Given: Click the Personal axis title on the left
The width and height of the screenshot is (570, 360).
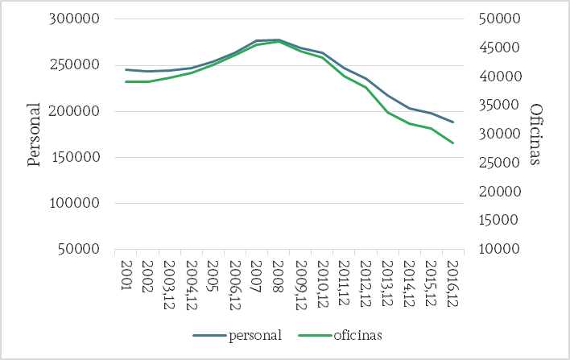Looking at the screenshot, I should tap(34, 134).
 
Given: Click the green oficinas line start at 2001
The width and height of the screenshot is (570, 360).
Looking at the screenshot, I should tap(126, 81).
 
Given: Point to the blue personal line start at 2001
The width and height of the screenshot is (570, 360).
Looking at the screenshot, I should tap(126, 69).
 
